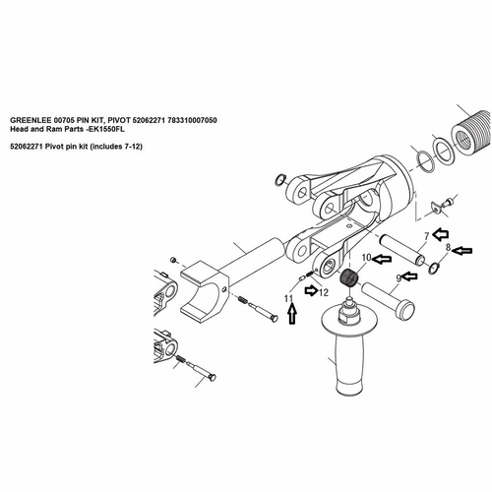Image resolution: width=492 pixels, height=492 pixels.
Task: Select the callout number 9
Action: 399,278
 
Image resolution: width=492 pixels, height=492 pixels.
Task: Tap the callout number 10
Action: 364,258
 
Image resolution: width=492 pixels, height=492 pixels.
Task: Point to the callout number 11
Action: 289,297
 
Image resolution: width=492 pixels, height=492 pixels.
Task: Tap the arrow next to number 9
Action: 414,277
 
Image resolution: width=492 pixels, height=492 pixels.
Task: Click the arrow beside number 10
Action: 381,261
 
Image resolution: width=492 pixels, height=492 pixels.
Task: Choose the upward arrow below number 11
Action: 291,317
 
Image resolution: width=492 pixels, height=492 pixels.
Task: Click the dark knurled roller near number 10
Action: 346,277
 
